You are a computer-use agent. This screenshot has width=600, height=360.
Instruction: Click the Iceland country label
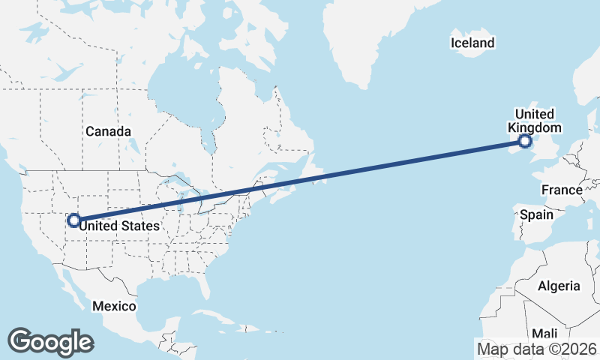[x=472, y=43]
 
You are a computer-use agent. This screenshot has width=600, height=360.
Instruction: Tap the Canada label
[x=108, y=131]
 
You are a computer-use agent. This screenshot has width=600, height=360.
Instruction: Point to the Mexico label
[x=114, y=306]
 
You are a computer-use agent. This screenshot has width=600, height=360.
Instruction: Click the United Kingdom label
[x=535, y=121]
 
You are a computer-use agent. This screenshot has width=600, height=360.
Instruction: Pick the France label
[x=562, y=190]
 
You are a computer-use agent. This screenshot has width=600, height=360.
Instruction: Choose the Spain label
[x=537, y=214]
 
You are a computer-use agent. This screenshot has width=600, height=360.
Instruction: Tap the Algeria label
[x=559, y=286]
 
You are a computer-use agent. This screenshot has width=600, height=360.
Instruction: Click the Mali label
[x=545, y=333]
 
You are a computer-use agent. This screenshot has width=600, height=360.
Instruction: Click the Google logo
[x=50, y=341]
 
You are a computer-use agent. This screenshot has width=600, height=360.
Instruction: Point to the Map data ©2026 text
[x=536, y=349]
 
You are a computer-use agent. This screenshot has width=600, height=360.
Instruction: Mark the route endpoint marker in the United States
[x=73, y=220]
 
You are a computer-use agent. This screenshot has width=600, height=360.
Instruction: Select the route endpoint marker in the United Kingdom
[x=525, y=140]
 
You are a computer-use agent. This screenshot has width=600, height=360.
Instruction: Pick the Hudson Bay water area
[x=180, y=90]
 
